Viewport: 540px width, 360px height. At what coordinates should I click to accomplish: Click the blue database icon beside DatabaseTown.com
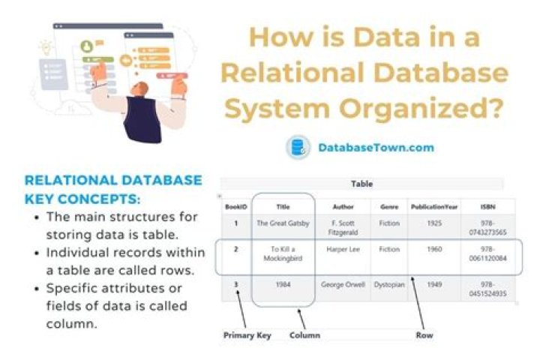click(298, 147)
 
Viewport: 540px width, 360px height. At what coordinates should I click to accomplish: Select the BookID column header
click(235, 205)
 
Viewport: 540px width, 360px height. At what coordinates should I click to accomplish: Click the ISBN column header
click(487, 205)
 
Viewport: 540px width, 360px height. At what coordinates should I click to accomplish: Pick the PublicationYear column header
click(433, 205)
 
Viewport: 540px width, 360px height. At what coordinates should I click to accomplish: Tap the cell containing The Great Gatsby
click(283, 223)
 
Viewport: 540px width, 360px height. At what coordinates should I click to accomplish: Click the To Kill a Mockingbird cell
click(283, 254)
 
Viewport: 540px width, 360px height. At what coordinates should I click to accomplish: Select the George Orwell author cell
click(343, 285)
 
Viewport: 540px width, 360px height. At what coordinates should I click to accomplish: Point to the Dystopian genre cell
click(388, 285)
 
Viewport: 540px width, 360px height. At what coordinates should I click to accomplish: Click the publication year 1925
click(433, 223)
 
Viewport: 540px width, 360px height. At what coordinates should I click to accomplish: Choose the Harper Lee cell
click(343, 249)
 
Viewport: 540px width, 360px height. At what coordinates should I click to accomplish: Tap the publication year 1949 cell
click(433, 285)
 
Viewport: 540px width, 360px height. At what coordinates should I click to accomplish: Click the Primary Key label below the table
click(247, 335)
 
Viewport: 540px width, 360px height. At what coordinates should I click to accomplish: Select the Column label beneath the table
click(304, 335)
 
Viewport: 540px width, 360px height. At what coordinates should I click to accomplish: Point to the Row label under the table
click(424, 335)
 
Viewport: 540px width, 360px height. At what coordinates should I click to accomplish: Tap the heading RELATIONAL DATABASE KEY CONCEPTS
click(112, 187)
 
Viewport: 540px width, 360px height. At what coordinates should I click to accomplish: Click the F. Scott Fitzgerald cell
click(343, 227)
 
